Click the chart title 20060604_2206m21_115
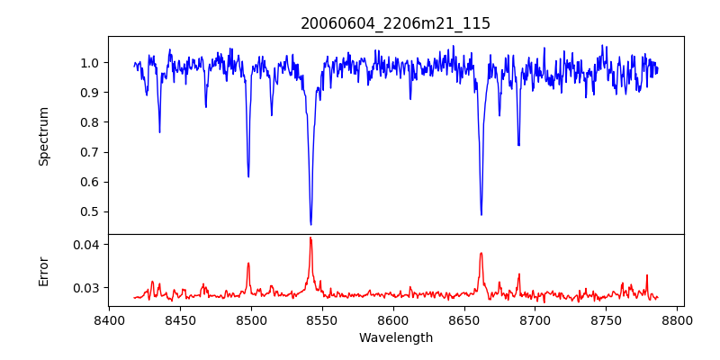[395, 23]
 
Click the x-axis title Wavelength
[395, 337]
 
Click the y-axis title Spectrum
[43, 136]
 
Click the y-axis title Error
[43, 271]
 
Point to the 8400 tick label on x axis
[109, 319]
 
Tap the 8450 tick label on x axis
[180, 319]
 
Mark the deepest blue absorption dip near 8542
[310, 224]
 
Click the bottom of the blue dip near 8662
[481, 214]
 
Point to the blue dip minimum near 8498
[248, 176]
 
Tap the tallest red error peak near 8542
[310, 238]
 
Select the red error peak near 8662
[481, 253]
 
